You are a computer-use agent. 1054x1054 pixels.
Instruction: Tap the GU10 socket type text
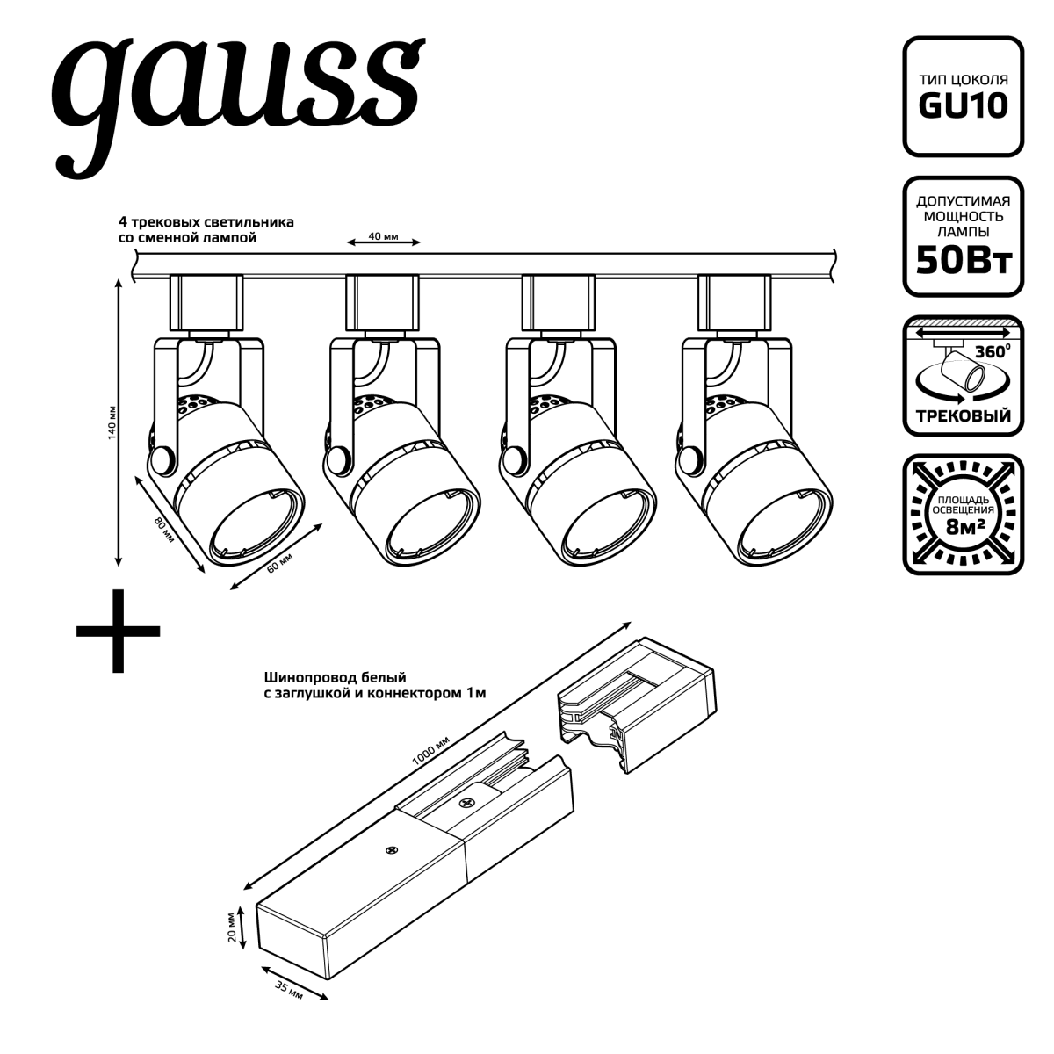click(x=963, y=106)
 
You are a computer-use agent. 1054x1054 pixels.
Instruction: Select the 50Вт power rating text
click(x=964, y=261)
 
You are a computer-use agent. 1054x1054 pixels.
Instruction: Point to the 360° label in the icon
click(x=993, y=351)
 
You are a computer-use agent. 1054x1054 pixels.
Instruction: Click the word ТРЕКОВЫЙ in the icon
click(x=964, y=415)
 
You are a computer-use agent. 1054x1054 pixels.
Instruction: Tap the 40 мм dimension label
click(x=383, y=236)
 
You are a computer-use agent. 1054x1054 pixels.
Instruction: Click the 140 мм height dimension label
click(x=112, y=422)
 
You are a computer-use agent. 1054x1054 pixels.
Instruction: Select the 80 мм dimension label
click(x=164, y=530)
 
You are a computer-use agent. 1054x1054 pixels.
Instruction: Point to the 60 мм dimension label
click(x=279, y=563)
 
